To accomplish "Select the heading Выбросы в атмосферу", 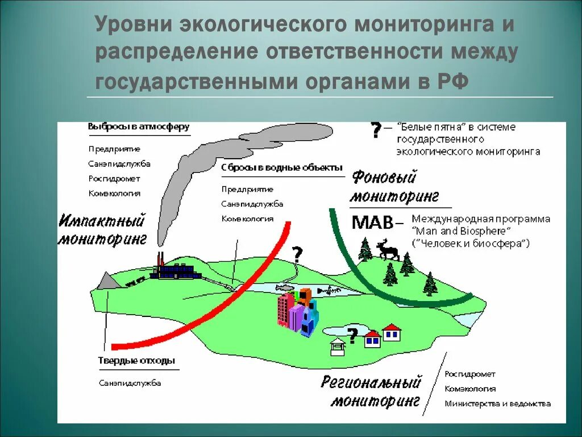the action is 139,127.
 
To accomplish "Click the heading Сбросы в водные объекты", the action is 282,168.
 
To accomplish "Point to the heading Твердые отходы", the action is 136,361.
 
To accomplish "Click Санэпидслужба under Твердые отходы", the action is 130,383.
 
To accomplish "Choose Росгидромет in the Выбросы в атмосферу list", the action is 114,179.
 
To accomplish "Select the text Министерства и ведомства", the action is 497,404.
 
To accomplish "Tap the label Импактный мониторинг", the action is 102,229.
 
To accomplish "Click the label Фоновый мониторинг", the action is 393,187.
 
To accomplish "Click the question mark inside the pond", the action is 352,336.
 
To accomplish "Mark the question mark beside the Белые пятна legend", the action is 376,130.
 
